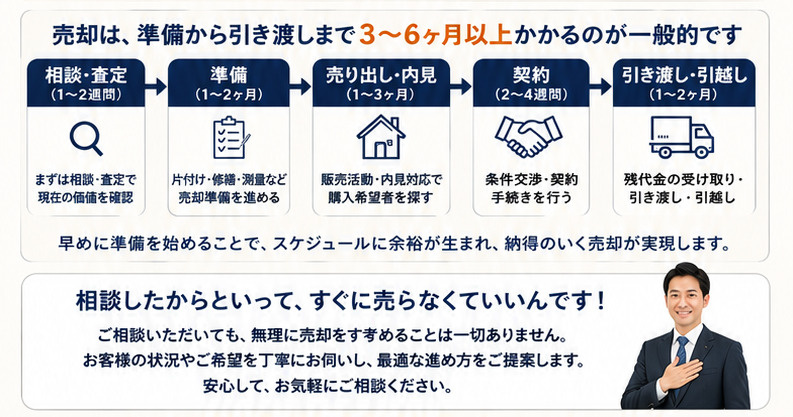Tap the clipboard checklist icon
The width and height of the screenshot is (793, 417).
(x=231, y=137)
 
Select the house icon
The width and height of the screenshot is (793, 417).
(x=381, y=137)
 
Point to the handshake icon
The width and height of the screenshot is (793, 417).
(x=528, y=136)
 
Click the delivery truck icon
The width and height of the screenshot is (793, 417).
(x=681, y=137)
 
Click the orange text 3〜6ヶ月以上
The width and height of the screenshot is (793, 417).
(x=436, y=35)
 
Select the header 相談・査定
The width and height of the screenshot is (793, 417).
(x=86, y=75)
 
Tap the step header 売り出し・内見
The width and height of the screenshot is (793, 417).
(x=381, y=75)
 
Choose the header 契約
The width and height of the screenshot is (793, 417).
(x=531, y=75)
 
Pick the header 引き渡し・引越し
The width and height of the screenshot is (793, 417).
(x=684, y=75)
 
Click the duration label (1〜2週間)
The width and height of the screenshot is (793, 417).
(x=86, y=95)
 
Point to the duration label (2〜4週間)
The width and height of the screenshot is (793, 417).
(x=531, y=95)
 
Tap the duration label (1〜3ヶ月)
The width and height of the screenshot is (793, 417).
(x=381, y=95)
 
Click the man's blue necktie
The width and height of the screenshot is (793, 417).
(x=681, y=355)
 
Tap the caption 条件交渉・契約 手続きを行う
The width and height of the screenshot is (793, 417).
(x=531, y=188)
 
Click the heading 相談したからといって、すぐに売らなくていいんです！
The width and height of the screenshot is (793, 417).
(x=340, y=302)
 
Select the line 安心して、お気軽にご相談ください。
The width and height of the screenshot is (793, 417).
(x=327, y=387)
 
